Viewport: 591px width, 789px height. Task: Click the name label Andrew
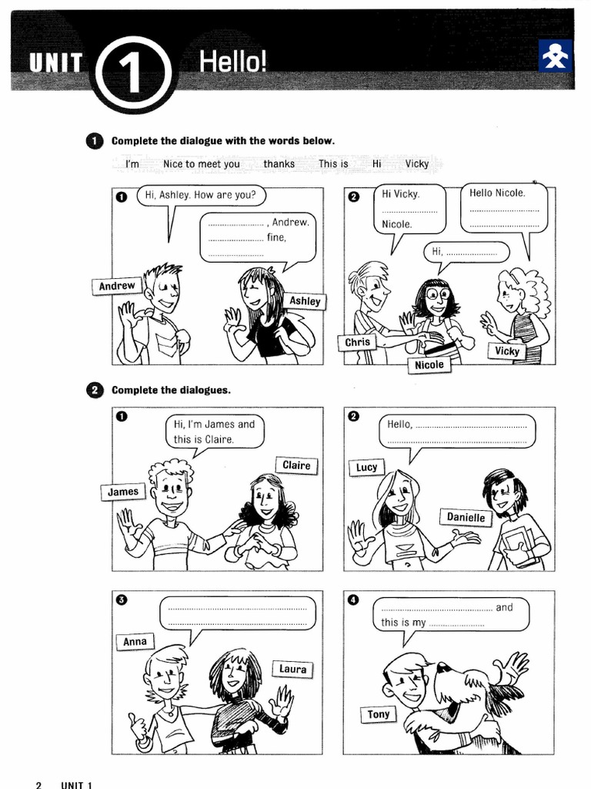pyautogui.click(x=117, y=286)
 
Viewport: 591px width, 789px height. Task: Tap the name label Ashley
pyautogui.click(x=305, y=301)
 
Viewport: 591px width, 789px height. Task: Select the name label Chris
pyautogui.click(x=358, y=342)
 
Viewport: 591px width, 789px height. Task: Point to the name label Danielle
pyautogui.click(x=466, y=518)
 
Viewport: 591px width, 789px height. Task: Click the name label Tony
pyautogui.click(x=379, y=714)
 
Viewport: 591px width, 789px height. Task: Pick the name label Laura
pyautogui.click(x=292, y=670)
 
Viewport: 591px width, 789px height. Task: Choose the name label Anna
pyautogui.click(x=135, y=642)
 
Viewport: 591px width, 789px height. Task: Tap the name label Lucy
pyautogui.click(x=367, y=467)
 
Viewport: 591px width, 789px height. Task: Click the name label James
pyautogui.click(x=123, y=492)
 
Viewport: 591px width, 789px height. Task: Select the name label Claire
pyautogui.click(x=296, y=465)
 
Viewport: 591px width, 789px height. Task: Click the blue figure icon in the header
pyautogui.click(x=555, y=56)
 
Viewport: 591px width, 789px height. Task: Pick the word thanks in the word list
pyautogui.click(x=279, y=164)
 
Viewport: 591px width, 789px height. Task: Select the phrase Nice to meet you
pyautogui.click(x=202, y=164)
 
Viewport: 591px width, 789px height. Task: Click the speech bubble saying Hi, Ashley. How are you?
pyautogui.click(x=202, y=196)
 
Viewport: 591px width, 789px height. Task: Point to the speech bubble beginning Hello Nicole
pyautogui.click(x=505, y=208)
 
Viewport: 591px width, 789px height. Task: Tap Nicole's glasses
pyautogui.click(x=437, y=294)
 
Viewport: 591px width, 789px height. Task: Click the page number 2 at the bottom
pyautogui.click(x=38, y=784)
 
